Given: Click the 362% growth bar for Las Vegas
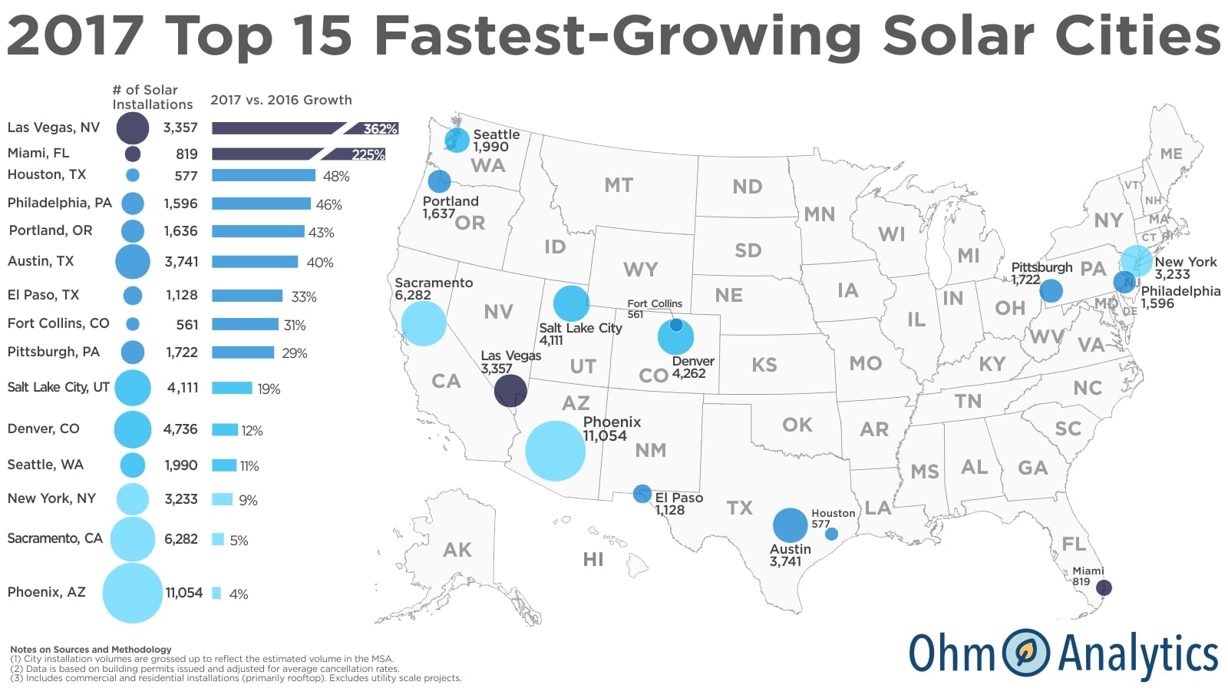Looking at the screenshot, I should pos(304,128).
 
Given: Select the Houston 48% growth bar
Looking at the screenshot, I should pos(263,175).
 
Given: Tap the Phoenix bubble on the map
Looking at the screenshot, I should pos(555,451).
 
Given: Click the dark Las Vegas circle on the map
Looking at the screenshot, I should pos(510,391).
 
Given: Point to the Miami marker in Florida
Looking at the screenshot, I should pos(1104,587).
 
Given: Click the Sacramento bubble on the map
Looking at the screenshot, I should pos(424,323).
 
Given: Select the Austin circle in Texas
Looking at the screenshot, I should pos(790,525).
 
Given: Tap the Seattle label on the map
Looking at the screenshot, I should pos(496,134).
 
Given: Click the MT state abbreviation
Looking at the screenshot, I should pos(619,185).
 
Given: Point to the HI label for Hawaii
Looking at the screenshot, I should pos(593,559).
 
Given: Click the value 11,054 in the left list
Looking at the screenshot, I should pos(184,593).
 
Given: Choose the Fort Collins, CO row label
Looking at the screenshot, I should pos(58,323).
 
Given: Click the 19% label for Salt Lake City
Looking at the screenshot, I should pos(269,389).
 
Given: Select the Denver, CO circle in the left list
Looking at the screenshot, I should pos(133,429).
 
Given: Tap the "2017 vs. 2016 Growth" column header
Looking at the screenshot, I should pos(281,100).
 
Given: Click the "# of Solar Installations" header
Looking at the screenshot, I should pos(152,98).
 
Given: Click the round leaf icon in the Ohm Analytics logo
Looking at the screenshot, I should pos(1026,653).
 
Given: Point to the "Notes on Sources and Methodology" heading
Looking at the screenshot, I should pos(91,649).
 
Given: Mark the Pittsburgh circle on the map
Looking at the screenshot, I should pos(1051,290).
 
